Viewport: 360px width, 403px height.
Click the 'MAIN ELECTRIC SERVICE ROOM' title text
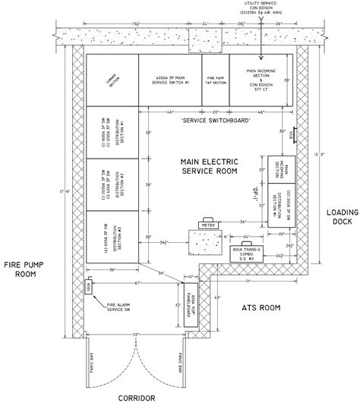(x=206, y=168)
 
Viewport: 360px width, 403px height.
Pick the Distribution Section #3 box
(x=112, y=235)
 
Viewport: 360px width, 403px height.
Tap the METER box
(x=187, y=225)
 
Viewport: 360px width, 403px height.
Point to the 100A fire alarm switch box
(x=89, y=288)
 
